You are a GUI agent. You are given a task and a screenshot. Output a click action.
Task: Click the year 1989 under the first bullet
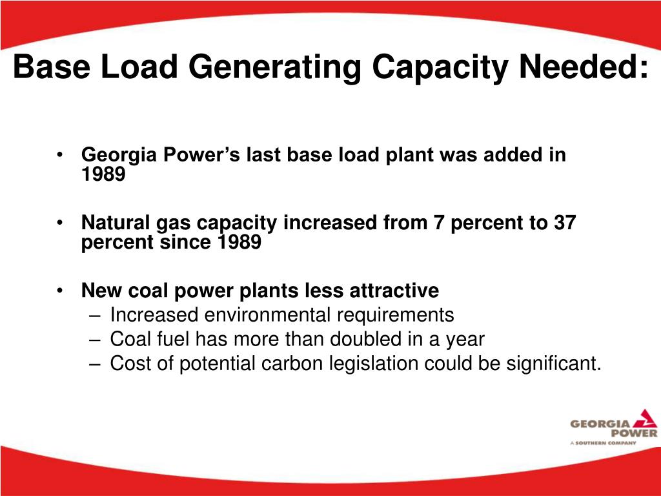tap(103, 174)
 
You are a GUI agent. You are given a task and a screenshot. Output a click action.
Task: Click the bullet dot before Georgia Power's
tap(60, 156)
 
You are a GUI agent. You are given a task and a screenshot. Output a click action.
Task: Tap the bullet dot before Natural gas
tap(60, 223)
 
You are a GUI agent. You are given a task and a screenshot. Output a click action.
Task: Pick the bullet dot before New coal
tap(60, 291)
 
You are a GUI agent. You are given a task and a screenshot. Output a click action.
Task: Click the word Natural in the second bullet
tap(116, 223)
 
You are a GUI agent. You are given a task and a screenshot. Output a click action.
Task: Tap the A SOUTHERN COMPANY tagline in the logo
tap(603, 443)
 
